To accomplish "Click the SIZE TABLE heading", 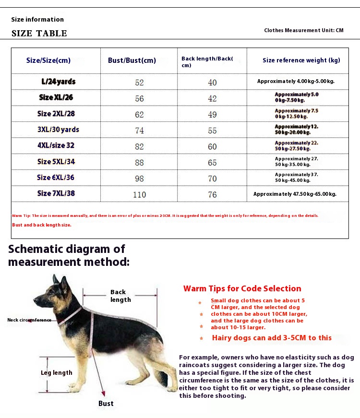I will (39, 33).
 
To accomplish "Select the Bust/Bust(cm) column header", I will (132, 60).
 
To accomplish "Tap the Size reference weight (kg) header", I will (301, 60).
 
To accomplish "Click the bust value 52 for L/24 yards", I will (139, 83).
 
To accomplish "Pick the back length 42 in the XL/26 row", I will (212, 98).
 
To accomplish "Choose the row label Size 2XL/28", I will (56, 114).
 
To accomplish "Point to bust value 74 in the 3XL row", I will (139, 131).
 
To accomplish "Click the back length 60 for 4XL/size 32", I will (212, 146).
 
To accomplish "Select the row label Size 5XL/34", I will (56, 162).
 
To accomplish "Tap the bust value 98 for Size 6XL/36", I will (139, 179).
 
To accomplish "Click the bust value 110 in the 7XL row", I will (139, 194).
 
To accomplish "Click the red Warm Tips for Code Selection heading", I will (242, 288).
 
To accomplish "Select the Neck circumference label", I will (29, 320).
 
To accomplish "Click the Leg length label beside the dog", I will (56, 373).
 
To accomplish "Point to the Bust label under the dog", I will (106, 403).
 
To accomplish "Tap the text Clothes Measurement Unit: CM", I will (304, 30).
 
